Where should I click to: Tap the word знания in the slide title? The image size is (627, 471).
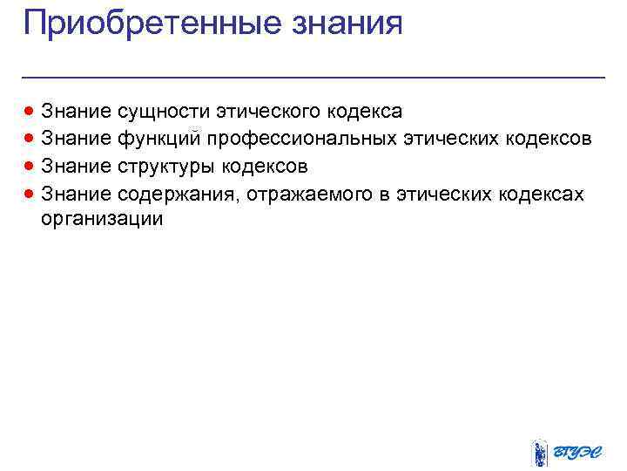[x=347, y=23]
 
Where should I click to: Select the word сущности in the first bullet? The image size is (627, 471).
[x=162, y=112]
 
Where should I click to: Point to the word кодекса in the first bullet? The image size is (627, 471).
[x=366, y=112]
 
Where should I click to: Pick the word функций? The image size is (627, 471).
[x=160, y=139]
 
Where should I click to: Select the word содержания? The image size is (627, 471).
[x=179, y=193]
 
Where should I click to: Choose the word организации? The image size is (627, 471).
[x=102, y=219]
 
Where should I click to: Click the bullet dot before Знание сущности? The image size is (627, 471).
[x=30, y=112]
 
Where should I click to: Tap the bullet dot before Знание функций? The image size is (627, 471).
[x=30, y=139]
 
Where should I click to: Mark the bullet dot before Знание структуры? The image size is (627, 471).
[x=30, y=166]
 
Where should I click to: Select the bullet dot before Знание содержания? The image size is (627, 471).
[x=30, y=193]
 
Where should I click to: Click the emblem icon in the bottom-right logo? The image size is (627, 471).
[x=539, y=453]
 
